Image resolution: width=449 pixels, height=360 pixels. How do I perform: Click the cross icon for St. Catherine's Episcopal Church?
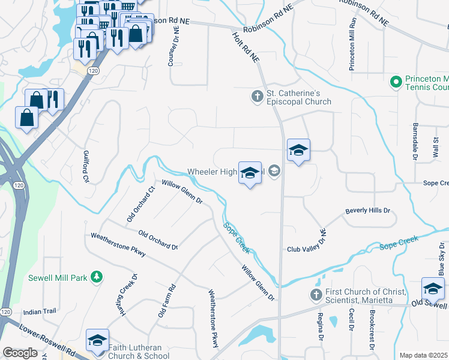click(x=257, y=96)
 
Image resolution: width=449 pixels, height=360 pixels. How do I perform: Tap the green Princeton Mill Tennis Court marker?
click(x=396, y=82)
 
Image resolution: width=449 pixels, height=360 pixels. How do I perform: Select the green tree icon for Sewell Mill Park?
click(x=95, y=277)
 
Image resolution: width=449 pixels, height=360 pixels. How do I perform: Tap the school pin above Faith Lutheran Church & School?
click(x=97, y=341)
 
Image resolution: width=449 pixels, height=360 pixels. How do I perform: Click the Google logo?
click(x=20, y=352)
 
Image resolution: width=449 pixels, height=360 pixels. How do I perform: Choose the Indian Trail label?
click(x=39, y=312)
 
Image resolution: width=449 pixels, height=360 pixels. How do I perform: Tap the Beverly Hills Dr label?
click(x=367, y=211)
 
